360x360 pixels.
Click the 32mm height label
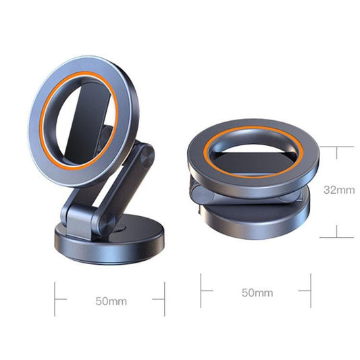(x=340, y=190)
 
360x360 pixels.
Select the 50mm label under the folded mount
(x=257, y=293)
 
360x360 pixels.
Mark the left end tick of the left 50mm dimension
(x=56, y=299)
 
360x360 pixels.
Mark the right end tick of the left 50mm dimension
(x=164, y=299)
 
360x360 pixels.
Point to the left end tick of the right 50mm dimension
(x=201, y=291)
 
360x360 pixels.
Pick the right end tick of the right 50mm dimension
(x=311, y=291)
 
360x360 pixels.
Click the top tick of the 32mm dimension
(x=336, y=146)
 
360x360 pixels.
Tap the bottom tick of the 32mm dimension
(x=336, y=237)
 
